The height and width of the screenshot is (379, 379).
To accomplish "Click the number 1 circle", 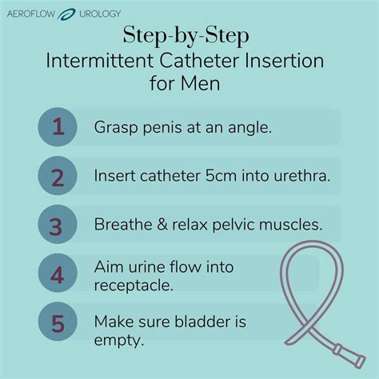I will (x=58, y=127).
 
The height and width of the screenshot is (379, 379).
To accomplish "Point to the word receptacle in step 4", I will (x=133, y=285).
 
